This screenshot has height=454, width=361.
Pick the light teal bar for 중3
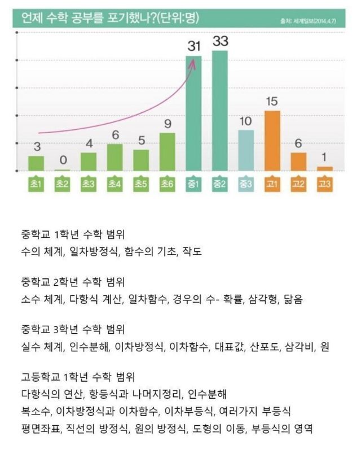pos(246,150)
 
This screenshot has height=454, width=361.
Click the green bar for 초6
pos(168,151)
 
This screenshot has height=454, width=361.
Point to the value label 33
pos(220,42)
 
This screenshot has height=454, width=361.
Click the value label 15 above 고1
pos(272,102)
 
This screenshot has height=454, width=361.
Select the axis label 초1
pos(37,184)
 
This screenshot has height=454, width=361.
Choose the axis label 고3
pos(324,184)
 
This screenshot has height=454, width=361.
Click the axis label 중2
pos(220,184)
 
